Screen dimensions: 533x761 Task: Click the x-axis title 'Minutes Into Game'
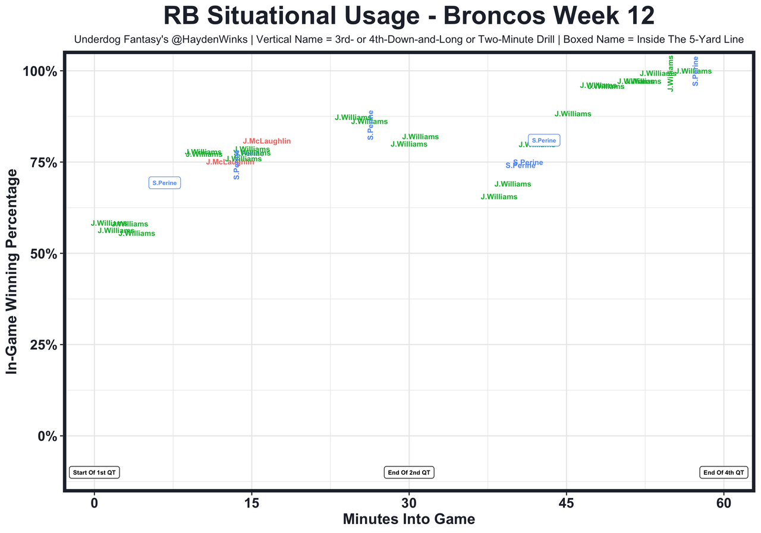click(x=409, y=519)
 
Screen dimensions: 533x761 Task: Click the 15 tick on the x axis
click(x=251, y=502)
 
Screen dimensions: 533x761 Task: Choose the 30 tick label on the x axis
click(x=409, y=502)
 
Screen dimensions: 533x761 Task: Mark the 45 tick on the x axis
click(x=567, y=502)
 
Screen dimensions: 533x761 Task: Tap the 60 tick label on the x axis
click(x=724, y=502)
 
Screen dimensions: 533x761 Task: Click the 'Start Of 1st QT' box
click(x=95, y=472)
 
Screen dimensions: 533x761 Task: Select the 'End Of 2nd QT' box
click(x=409, y=472)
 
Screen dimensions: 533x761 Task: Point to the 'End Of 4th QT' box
click(x=723, y=472)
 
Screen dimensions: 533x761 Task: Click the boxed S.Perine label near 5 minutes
click(x=164, y=183)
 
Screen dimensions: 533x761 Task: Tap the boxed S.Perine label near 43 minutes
click(x=544, y=141)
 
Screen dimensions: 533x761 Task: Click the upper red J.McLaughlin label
click(x=266, y=141)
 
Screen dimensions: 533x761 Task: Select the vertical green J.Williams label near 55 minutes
click(x=671, y=74)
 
